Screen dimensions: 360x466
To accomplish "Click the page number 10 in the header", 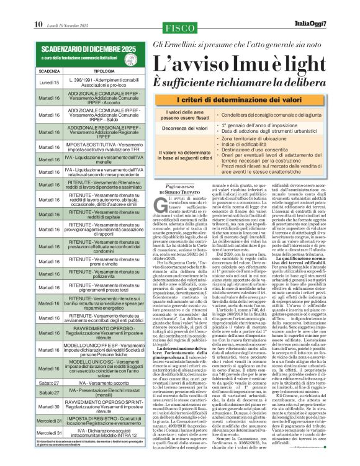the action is [x=38, y=7].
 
